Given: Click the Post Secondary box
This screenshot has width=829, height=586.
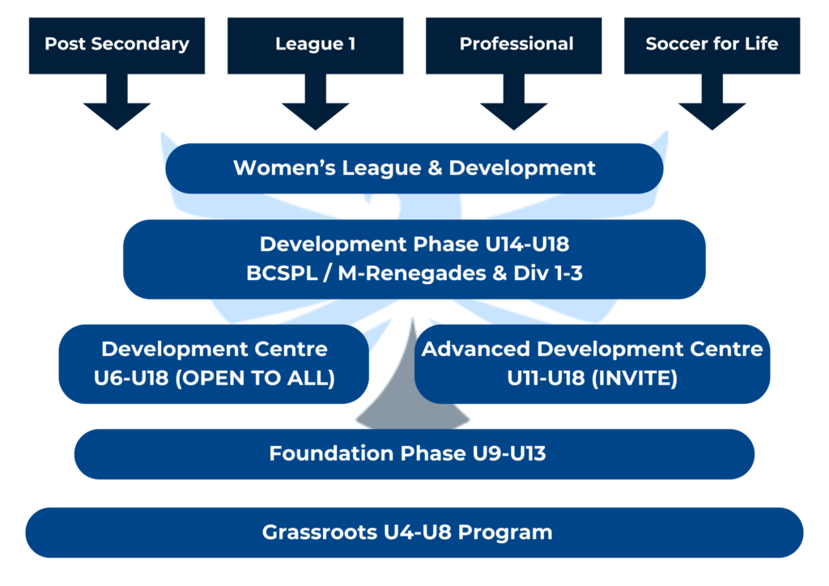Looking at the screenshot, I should [x=117, y=45].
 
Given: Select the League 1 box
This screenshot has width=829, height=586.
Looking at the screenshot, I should [x=315, y=45].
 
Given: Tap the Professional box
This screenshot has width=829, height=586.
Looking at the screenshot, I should [x=516, y=45].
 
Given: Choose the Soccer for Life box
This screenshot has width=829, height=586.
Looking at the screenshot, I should [x=712, y=45].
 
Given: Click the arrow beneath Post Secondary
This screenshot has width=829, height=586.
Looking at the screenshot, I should [x=117, y=105].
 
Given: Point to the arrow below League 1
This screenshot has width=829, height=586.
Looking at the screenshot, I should [x=315, y=105].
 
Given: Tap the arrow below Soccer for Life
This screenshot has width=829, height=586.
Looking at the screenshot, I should [x=712, y=105].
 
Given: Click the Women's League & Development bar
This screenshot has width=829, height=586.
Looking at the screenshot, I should [x=414, y=168].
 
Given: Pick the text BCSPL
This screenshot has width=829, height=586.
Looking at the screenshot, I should [x=280, y=274].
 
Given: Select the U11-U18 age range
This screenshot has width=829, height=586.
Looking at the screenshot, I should [x=532, y=378].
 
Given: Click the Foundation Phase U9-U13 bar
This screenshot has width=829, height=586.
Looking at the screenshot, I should [x=414, y=453].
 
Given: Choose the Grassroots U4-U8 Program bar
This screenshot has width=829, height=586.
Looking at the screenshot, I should [x=414, y=533].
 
